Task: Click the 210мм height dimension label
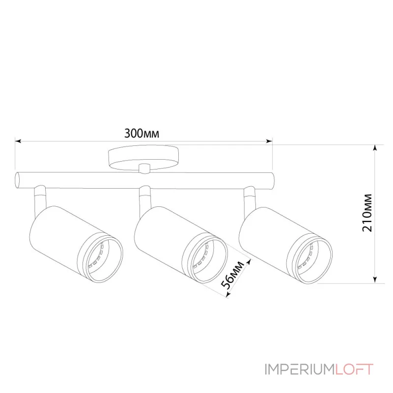click(369, 214)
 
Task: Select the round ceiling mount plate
click(144, 158)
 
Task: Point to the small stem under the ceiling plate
click(144, 168)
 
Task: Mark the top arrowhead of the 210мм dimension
click(376, 147)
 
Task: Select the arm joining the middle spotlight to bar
click(144, 197)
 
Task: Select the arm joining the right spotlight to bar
click(250, 197)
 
